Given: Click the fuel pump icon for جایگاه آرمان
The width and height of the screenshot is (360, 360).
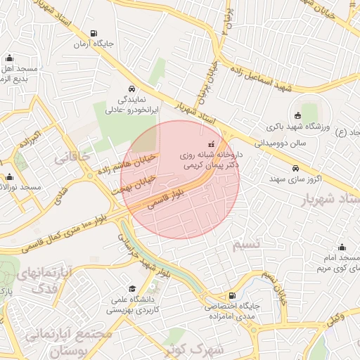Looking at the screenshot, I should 94,33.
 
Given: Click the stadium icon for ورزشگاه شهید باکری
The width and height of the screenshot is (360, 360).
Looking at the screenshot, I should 297,116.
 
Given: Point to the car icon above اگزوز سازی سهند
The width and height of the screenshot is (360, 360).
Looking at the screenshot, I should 297,169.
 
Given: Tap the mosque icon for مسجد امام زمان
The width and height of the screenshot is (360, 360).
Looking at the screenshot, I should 342,247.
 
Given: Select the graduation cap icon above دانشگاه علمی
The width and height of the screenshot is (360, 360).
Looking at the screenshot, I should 132,289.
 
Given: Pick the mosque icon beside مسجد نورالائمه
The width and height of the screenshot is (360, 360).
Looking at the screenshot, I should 9,177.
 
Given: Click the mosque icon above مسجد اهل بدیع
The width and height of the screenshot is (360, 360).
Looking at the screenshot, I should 9,59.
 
